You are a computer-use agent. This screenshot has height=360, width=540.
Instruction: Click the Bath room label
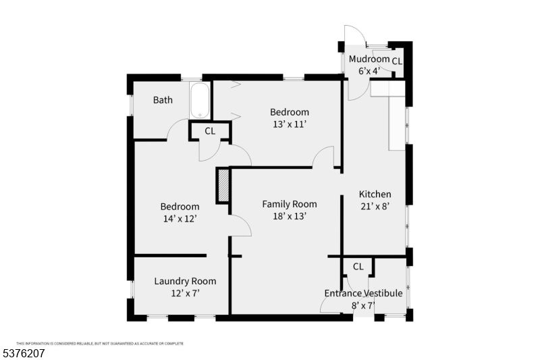tap(163, 100)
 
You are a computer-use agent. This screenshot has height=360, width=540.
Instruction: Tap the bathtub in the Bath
tap(200, 101)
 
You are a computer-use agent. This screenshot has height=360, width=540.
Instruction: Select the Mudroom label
tap(369, 59)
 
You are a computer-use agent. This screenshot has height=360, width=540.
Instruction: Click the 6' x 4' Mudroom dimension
tap(369, 70)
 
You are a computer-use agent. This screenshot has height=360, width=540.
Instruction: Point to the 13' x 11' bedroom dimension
tap(290, 124)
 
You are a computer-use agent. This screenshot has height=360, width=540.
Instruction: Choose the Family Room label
tap(290, 204)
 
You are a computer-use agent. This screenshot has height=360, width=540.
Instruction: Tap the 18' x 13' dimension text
tap(290, 216)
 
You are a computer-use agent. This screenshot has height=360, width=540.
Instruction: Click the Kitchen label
tap(375, 195)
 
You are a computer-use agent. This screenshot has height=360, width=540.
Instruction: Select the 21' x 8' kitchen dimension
tap(375, 207)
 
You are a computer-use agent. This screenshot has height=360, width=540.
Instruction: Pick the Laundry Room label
tap(185, 281)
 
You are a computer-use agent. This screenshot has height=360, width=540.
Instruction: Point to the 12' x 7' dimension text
tap(185, 293)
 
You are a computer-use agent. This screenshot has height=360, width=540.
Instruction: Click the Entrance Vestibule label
tap(363, 293)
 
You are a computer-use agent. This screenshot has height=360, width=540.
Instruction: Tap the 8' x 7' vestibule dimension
tap(363, 305)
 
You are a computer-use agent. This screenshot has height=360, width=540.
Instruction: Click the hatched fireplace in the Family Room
tap(223, 186)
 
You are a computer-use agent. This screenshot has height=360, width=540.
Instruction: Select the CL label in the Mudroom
tap(397, 61)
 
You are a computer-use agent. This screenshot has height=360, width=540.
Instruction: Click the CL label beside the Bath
tap(210, 131)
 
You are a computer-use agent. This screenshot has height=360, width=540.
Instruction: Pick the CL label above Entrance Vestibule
tap(358, 266)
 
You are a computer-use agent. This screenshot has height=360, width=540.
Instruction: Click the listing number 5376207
tap(24, 353)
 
